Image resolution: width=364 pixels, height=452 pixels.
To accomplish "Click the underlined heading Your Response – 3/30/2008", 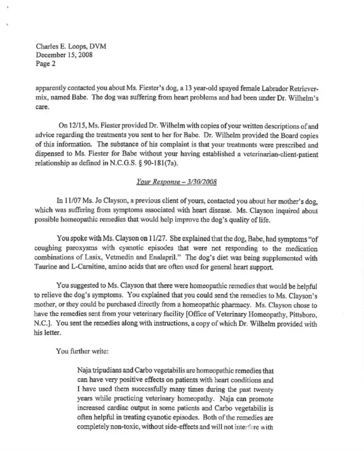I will click(177, 183).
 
